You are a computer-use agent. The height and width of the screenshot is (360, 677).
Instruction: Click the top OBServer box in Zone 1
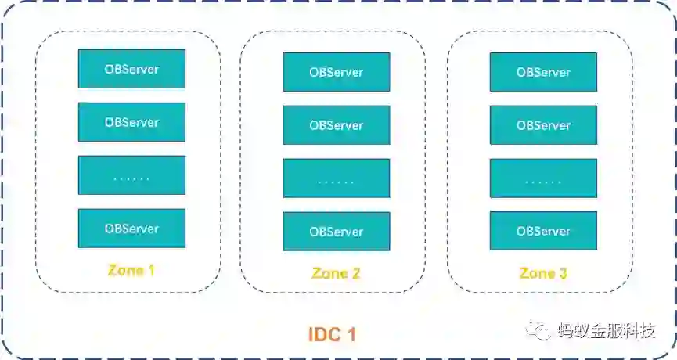point(131,69)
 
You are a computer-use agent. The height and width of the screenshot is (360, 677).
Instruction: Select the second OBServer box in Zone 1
point(131,122)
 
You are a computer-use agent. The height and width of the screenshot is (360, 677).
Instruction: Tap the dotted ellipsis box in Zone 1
point(131,175)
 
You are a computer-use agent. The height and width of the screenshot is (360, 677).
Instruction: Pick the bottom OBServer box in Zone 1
point(131,229)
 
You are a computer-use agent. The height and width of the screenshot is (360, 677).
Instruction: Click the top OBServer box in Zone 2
point(336,72)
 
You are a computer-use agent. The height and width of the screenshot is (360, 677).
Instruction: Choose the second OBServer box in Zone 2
point(336,125)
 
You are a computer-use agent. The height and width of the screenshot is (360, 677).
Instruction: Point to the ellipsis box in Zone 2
point(336,178)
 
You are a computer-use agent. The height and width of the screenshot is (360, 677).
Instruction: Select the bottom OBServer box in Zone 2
point(336,232)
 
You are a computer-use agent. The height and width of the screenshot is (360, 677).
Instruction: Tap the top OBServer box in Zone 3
point(543,72)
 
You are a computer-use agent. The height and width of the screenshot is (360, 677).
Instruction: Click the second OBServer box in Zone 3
point(543,125)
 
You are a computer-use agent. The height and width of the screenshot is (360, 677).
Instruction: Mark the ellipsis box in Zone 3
point(543,178)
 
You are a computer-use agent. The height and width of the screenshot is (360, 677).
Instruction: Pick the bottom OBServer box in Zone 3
point(543,232)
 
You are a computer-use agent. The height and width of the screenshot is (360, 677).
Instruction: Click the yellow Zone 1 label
point(131,271)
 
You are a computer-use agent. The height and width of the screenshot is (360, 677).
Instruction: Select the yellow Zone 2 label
point(336,273)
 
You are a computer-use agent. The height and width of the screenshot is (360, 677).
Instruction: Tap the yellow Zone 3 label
point(543,273)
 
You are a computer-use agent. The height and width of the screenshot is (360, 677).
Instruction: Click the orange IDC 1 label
point(332,335)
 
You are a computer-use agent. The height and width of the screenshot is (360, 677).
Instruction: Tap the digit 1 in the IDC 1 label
point(351,335)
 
